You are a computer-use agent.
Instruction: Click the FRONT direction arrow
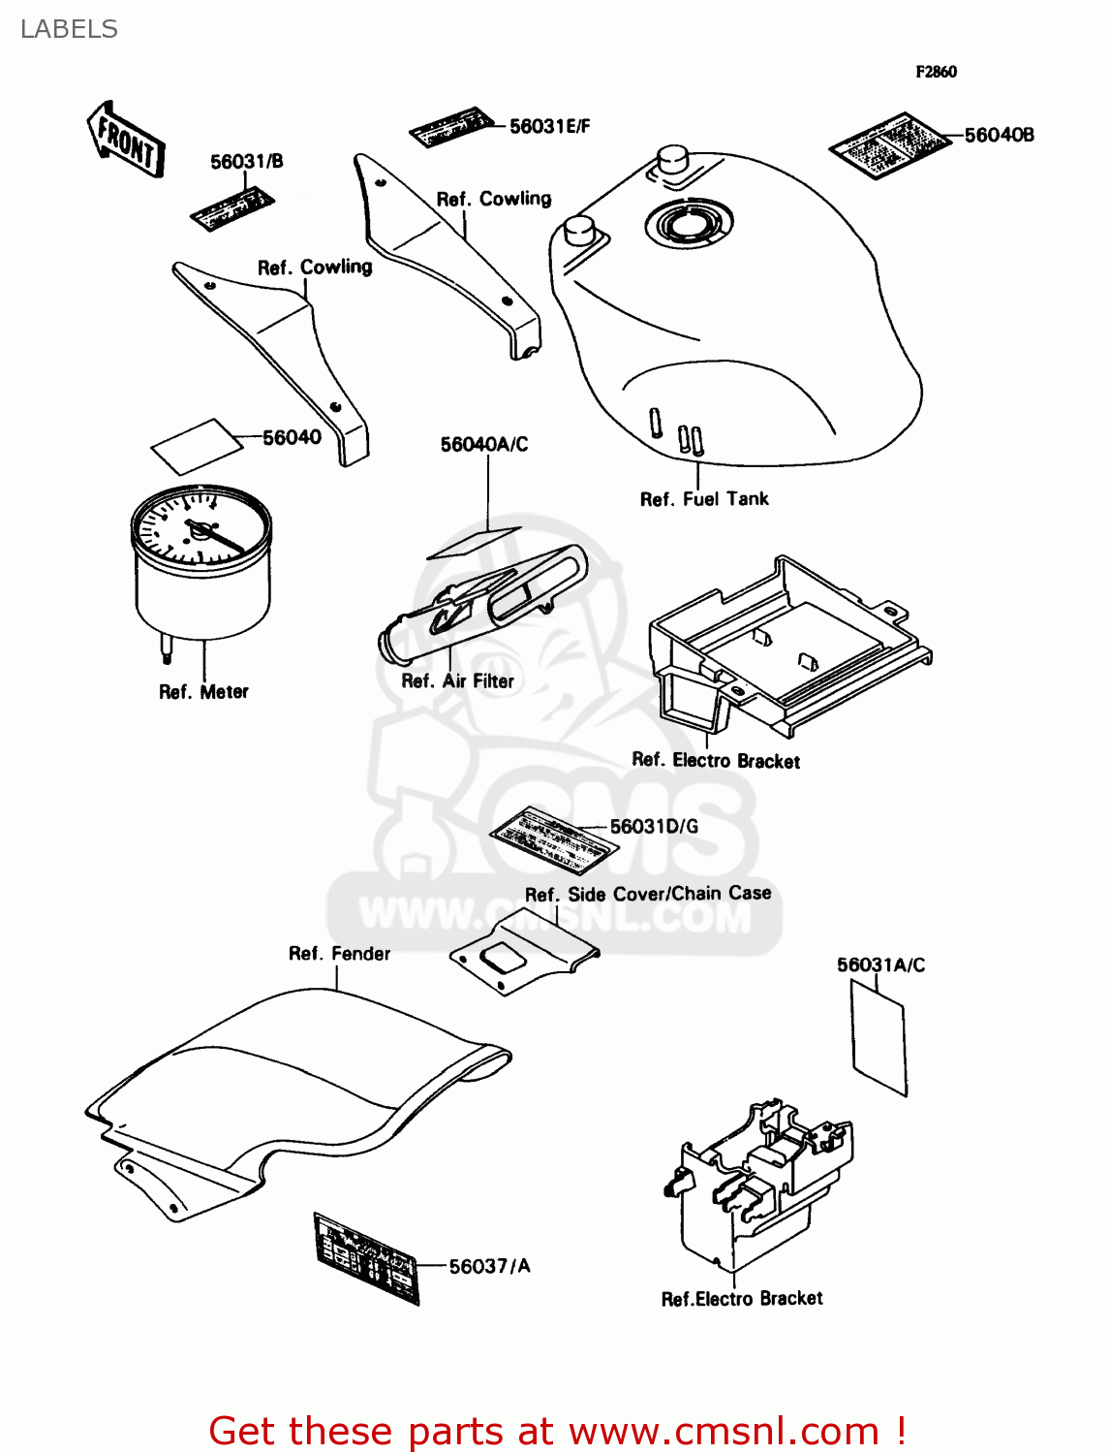[x=126, y=142]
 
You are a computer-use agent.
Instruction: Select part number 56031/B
[x=247, y=162]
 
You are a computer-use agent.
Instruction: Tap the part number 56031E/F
[x=549, y=126]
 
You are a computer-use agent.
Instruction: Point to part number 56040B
[x=999, y=136]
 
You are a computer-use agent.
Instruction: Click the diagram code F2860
[x=936, y=72]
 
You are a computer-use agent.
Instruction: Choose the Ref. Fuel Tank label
[x=704, y=499]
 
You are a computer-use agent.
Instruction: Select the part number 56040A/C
[x=484, y=445]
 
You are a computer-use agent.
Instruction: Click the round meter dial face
[x=200, y=528]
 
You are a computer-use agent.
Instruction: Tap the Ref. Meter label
[x=203, y=692]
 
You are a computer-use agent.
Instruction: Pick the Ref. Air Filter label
[x=457, y=681]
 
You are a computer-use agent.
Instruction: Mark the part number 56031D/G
[x=654, y=827]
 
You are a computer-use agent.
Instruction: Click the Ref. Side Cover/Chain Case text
[x=648, y=894]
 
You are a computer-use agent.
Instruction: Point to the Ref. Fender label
[x=339, y=954]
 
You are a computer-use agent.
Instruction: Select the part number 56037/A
[x=489, y=1267]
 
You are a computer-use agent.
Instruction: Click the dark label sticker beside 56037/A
[x=366, y=1257]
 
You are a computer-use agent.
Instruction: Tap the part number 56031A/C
[x=880, y=965]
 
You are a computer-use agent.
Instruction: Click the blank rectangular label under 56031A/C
[x=879, y=1037]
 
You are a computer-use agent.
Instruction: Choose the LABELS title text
[x=69, y=30]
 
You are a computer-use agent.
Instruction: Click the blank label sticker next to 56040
[x=197, y=446]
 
